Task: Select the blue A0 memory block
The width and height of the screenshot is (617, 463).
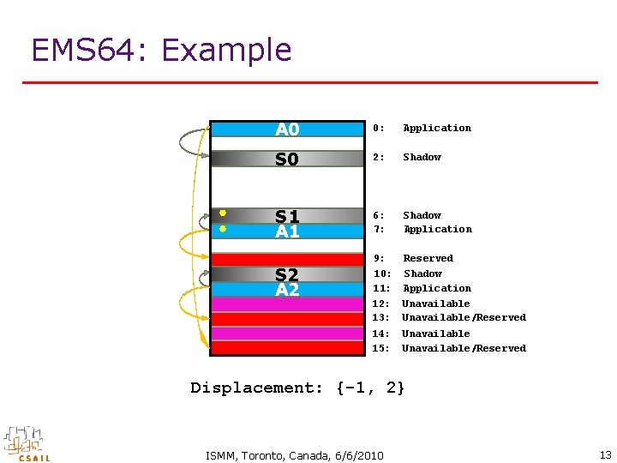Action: [287, 129]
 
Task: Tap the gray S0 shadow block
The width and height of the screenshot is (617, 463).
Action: [287, 159]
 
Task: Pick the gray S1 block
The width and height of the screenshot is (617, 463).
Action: [287, 216]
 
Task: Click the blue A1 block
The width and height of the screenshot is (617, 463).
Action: [287, 231]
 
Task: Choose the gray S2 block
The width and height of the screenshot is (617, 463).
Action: [287, 274]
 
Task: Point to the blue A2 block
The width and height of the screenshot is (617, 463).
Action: [287, 289]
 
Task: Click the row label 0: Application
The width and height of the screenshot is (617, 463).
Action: [422, 128]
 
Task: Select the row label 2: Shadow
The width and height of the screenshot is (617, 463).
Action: [407, 157]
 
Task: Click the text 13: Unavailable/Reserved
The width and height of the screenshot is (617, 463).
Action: [449, 317]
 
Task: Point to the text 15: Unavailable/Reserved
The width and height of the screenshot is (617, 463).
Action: [449, 348]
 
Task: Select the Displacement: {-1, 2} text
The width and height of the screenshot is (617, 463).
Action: [297, 388]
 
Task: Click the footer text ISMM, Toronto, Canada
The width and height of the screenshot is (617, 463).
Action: [295, 454]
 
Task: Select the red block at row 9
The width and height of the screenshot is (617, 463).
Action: [287, 259]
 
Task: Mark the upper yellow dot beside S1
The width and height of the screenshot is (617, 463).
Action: [221, 213]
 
